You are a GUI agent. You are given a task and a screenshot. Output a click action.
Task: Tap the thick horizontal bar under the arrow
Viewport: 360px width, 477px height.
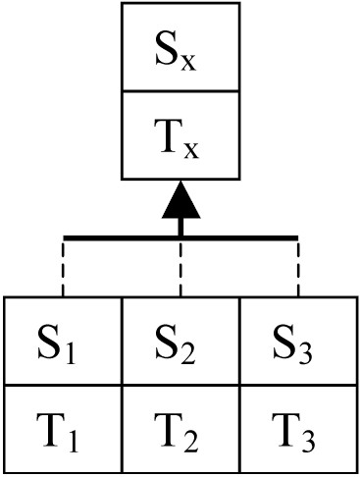click(x=180, y=238)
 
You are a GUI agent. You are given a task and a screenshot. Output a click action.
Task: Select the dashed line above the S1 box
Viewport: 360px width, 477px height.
click(x=64, y=268)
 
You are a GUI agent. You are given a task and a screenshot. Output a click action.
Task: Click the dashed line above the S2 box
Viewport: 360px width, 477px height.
click(x=180, y=268)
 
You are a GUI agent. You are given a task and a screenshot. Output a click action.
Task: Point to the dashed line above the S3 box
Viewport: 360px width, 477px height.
click(x=298, y=268)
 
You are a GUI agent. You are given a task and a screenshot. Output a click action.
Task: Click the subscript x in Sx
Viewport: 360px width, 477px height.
click(x=188, y=63)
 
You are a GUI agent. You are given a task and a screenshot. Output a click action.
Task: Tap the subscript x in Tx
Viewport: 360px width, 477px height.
click(x=191, y=150)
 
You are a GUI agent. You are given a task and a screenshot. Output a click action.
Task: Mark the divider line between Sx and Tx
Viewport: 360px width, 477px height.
click(x=180, y=90)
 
